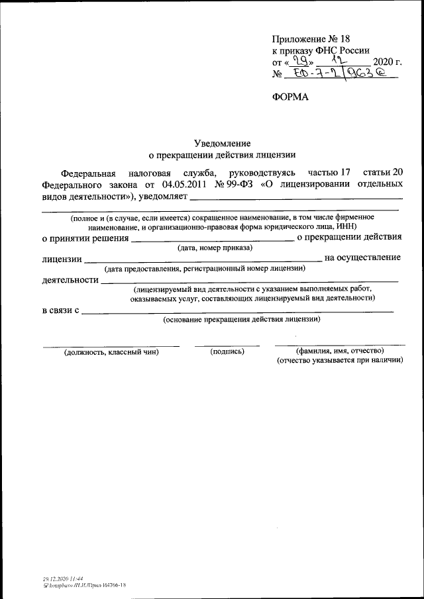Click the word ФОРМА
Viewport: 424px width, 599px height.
point(291,97)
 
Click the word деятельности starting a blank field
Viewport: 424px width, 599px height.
point(70,281)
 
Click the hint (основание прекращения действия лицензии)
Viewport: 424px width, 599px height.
point(242,320)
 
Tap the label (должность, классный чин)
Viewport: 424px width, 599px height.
point(111,352)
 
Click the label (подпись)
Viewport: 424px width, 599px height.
point(227,351)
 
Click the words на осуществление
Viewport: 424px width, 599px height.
point(362,257)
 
